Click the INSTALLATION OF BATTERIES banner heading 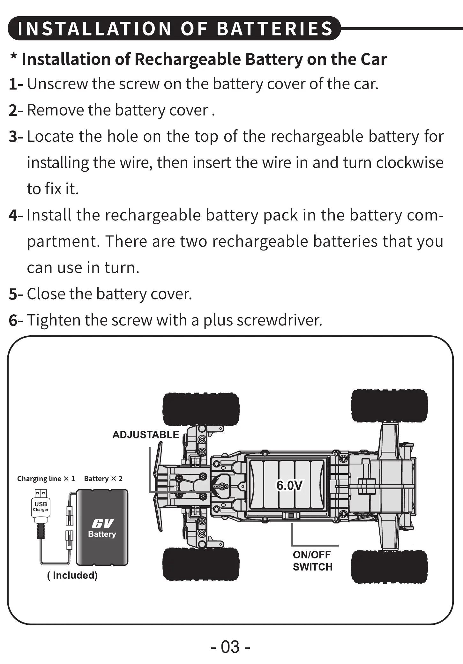(x=175, y=28)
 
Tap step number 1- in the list (x=16, y=84)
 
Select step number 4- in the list (x=16, y=215)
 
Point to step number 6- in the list (x=16, y=320)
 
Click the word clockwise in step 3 (x=410, y=163)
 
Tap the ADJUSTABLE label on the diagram (x=146, y=435)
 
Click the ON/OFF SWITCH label (x=312, y=561)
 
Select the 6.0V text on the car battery (x=289, y=485)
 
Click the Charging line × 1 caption (x=46, y=479)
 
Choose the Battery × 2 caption (x=103, y=479)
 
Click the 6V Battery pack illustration (x=102, y=527)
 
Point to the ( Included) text (x=72, y=575)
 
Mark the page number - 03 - (x=230, y=647)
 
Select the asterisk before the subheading (x=14, y=58)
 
